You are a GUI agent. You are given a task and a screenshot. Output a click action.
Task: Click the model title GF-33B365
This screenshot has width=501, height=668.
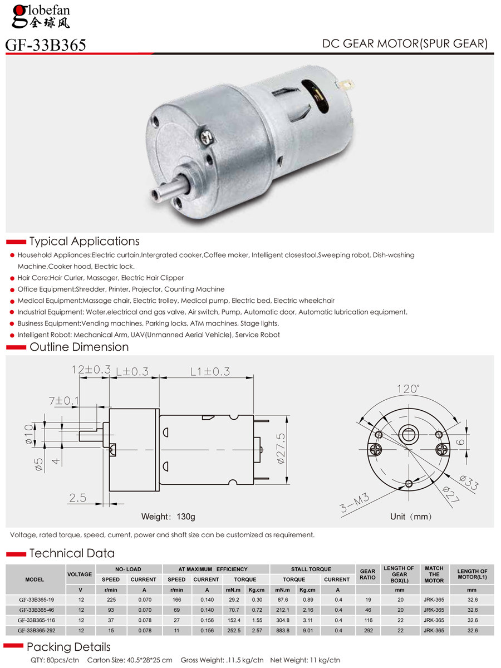pos(46,45)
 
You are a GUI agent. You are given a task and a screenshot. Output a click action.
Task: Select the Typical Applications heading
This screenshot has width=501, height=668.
pos(84,242)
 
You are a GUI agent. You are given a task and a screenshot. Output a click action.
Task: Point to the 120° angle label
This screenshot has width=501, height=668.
pos(407,389)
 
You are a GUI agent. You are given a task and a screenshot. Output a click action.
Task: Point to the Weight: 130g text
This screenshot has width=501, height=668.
pos(168,517)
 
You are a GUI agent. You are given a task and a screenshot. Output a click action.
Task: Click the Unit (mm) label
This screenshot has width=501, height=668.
pos(411,517)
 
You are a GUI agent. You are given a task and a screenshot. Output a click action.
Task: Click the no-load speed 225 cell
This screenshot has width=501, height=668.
pos(111,600)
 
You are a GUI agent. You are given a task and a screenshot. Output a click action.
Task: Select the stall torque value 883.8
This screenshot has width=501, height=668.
pos(282,631)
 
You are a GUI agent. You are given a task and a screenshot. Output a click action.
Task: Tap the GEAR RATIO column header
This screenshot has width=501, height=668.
pos(367,574)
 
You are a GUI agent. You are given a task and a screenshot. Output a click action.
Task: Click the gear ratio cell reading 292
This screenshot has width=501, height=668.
pos(367,631)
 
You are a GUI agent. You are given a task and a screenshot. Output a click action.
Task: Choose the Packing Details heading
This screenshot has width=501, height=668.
pos(68,647)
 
